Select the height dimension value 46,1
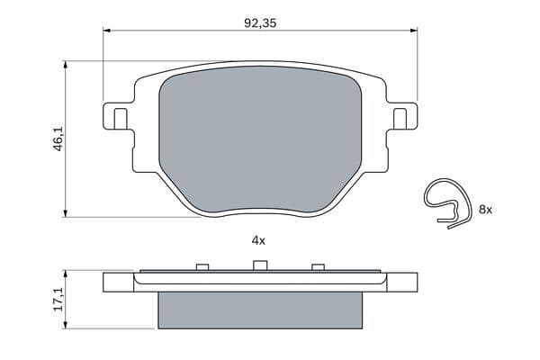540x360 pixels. pyautogui.click(x=58, y=139)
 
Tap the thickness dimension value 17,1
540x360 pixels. pyautogui.click(x=58, y=300)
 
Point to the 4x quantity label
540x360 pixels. pyautogui.click(x=258, y=240)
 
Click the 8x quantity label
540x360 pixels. pyautogui.click(x=485, y=209)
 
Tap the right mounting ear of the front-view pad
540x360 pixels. pyautogui.click(x=404, y=117)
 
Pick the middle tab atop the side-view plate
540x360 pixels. pyautogui.click(x=260, y=265)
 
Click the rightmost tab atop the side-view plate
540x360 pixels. pyautogui.click(x=317, y=266)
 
